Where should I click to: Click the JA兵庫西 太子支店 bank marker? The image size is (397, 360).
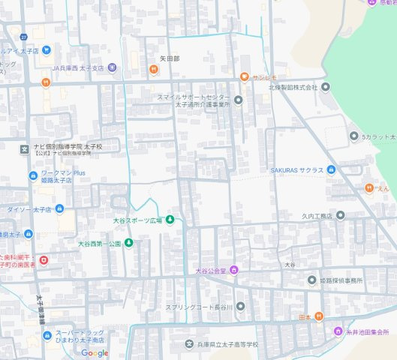(112, 67)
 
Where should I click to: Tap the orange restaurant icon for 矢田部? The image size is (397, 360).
(153, 69)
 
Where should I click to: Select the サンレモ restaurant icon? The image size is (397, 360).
(244, 77)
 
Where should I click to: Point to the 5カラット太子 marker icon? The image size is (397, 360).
(354, 136)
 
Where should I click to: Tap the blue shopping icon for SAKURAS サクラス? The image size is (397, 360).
(331, 170)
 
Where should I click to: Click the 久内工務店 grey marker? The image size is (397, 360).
(340, 215)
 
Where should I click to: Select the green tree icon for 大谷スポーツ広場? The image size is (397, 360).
(170, 220)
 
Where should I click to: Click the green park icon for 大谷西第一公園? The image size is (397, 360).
(128, 243)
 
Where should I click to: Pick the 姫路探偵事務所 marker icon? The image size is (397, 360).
(312, 280)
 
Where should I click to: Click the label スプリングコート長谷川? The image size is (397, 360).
(195, 306)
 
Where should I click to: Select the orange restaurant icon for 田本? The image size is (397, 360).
(319, 316)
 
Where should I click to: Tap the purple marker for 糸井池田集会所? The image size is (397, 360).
(338, 331)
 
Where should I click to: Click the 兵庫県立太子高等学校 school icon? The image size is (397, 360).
(189, 344)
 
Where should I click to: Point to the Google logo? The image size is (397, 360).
(95, 353)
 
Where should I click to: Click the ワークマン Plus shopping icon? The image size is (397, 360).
(33, 176)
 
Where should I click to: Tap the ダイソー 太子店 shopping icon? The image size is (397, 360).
(59, 209)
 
